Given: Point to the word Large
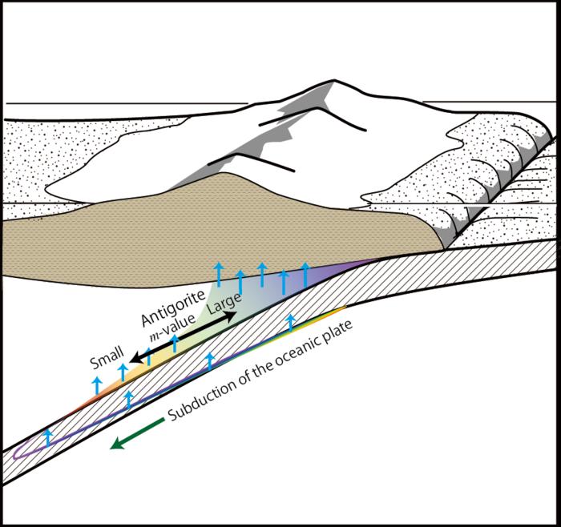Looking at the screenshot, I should tap(222, 300).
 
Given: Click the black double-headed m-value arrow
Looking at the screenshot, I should tap(184, 336).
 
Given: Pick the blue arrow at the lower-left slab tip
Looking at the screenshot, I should tap(47, 436).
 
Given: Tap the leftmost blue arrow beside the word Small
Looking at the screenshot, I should tap(97, 384).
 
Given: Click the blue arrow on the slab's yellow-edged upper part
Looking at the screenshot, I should tap(291, 323).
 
